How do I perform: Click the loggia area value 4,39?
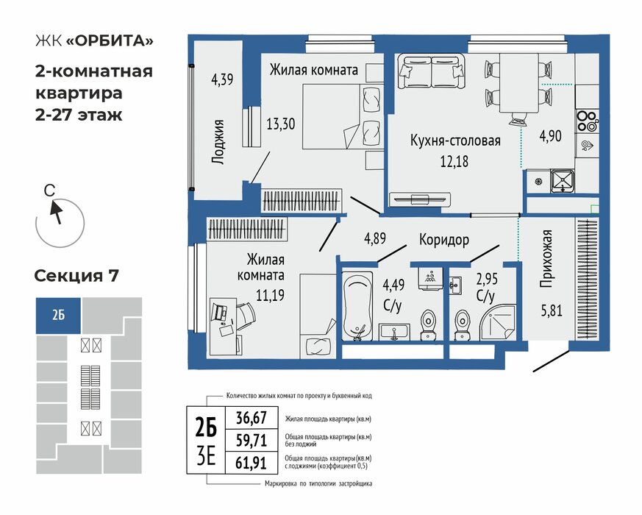pyautogui.click(x=222, y=79)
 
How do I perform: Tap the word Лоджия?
pyautogui.click(x=218, y=142)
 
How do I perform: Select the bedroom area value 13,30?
pyautogui.click(x=280, y=124)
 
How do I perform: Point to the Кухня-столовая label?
pyautogui.click(x=455, y=141)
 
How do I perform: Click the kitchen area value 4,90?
pyautogui.click(x=550, y=135)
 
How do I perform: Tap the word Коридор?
pyautogui.click(x=444, y=239)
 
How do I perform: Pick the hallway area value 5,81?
pyautogui.click(x=552, y=310)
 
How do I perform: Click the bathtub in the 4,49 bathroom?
pyautogui.click(x=357, y=305)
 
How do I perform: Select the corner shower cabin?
pyautogui.click(x=498, y=322)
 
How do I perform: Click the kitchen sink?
pyautogui.click(x=562, y=181)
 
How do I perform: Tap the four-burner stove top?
pyautogui.click(x=587, y=121)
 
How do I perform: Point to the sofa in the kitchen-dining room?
pyautogui.click(x=432, y=71)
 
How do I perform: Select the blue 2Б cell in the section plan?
pyautogui.click(x=58, y=316)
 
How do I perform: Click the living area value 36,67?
pyautogui.click(x=252, y=418)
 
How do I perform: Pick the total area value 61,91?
pyautogui.click(x=251, y=463)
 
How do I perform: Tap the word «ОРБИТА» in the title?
pyautogui.click(x=110, y=41)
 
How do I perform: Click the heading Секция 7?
pyautogui.click(x=76, y=276)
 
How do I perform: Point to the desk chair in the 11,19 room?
pyautogui.click(x=245, y=316)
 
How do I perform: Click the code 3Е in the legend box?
pyautogui.click(x=206, y=457)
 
